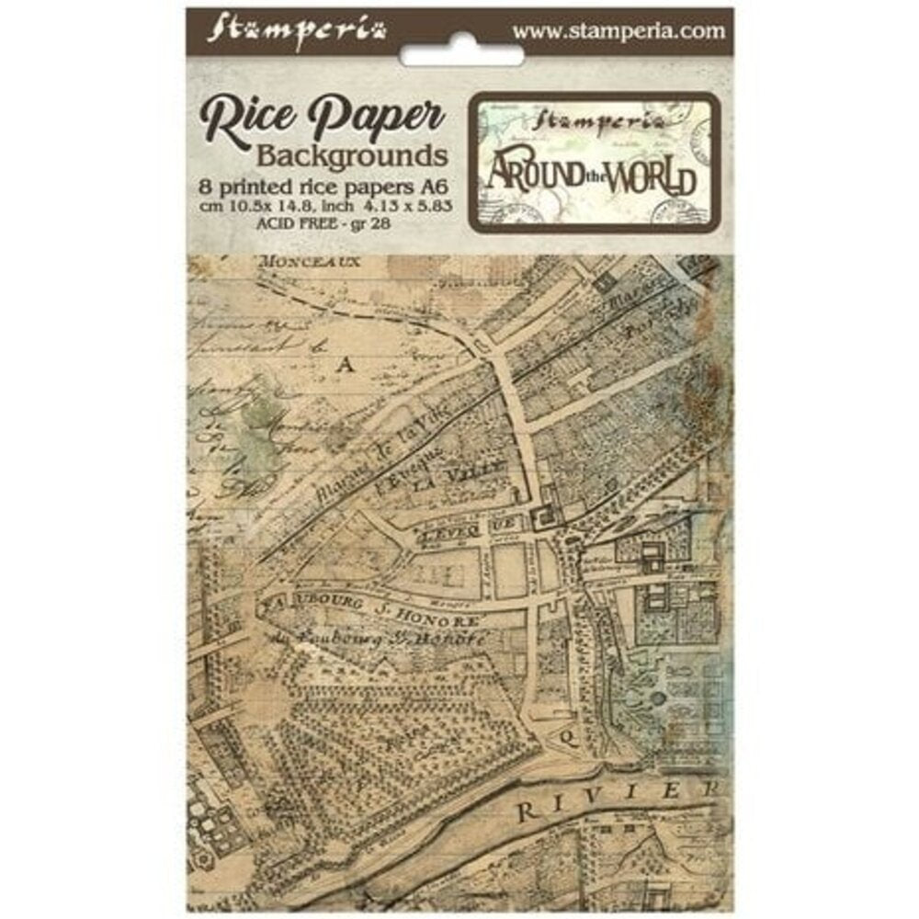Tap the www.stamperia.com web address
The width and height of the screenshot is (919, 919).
(618, 30)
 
